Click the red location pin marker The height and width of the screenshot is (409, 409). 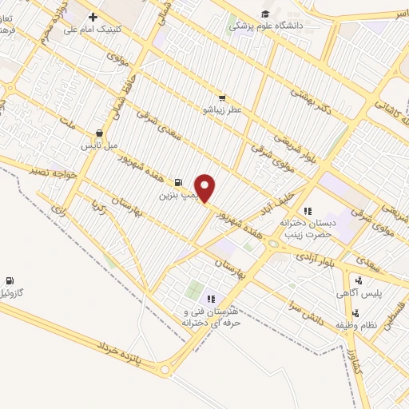tap(205, 188)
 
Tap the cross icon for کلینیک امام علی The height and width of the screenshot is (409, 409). tap(93, 17)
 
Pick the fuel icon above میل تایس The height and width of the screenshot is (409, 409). tap(99, 133)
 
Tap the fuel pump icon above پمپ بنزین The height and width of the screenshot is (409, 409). tap(177, 182)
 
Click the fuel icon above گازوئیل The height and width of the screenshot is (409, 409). tap(9, 280)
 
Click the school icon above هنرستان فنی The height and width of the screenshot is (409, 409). tap(212, 298)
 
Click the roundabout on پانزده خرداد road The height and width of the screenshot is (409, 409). tap(167, 370)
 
